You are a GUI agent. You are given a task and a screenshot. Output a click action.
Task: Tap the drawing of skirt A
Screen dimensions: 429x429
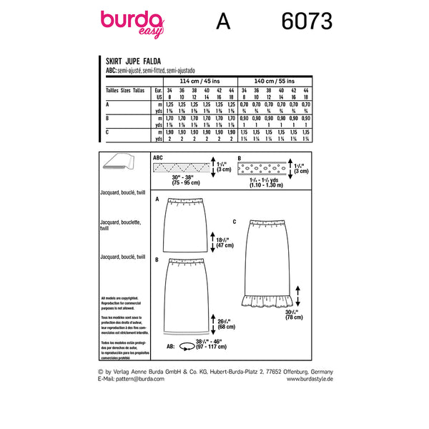pos(189,222)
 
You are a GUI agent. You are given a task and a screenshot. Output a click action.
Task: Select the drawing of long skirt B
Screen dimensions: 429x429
pos(189,293)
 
